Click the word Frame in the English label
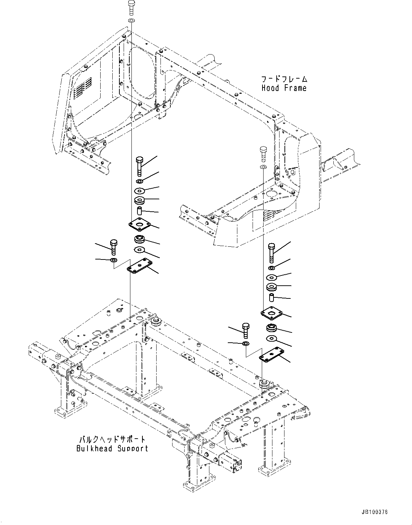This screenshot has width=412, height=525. click(x=295, y=88)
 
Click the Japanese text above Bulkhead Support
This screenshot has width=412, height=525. click(x=112, y=439)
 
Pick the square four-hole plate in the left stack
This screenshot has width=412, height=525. click(x=140, y=224)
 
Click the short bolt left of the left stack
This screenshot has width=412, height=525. click(x=114, y=247)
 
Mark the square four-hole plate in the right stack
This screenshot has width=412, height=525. click(x=272, y=312)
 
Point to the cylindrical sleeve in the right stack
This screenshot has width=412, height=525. click(x=272, y=297)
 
